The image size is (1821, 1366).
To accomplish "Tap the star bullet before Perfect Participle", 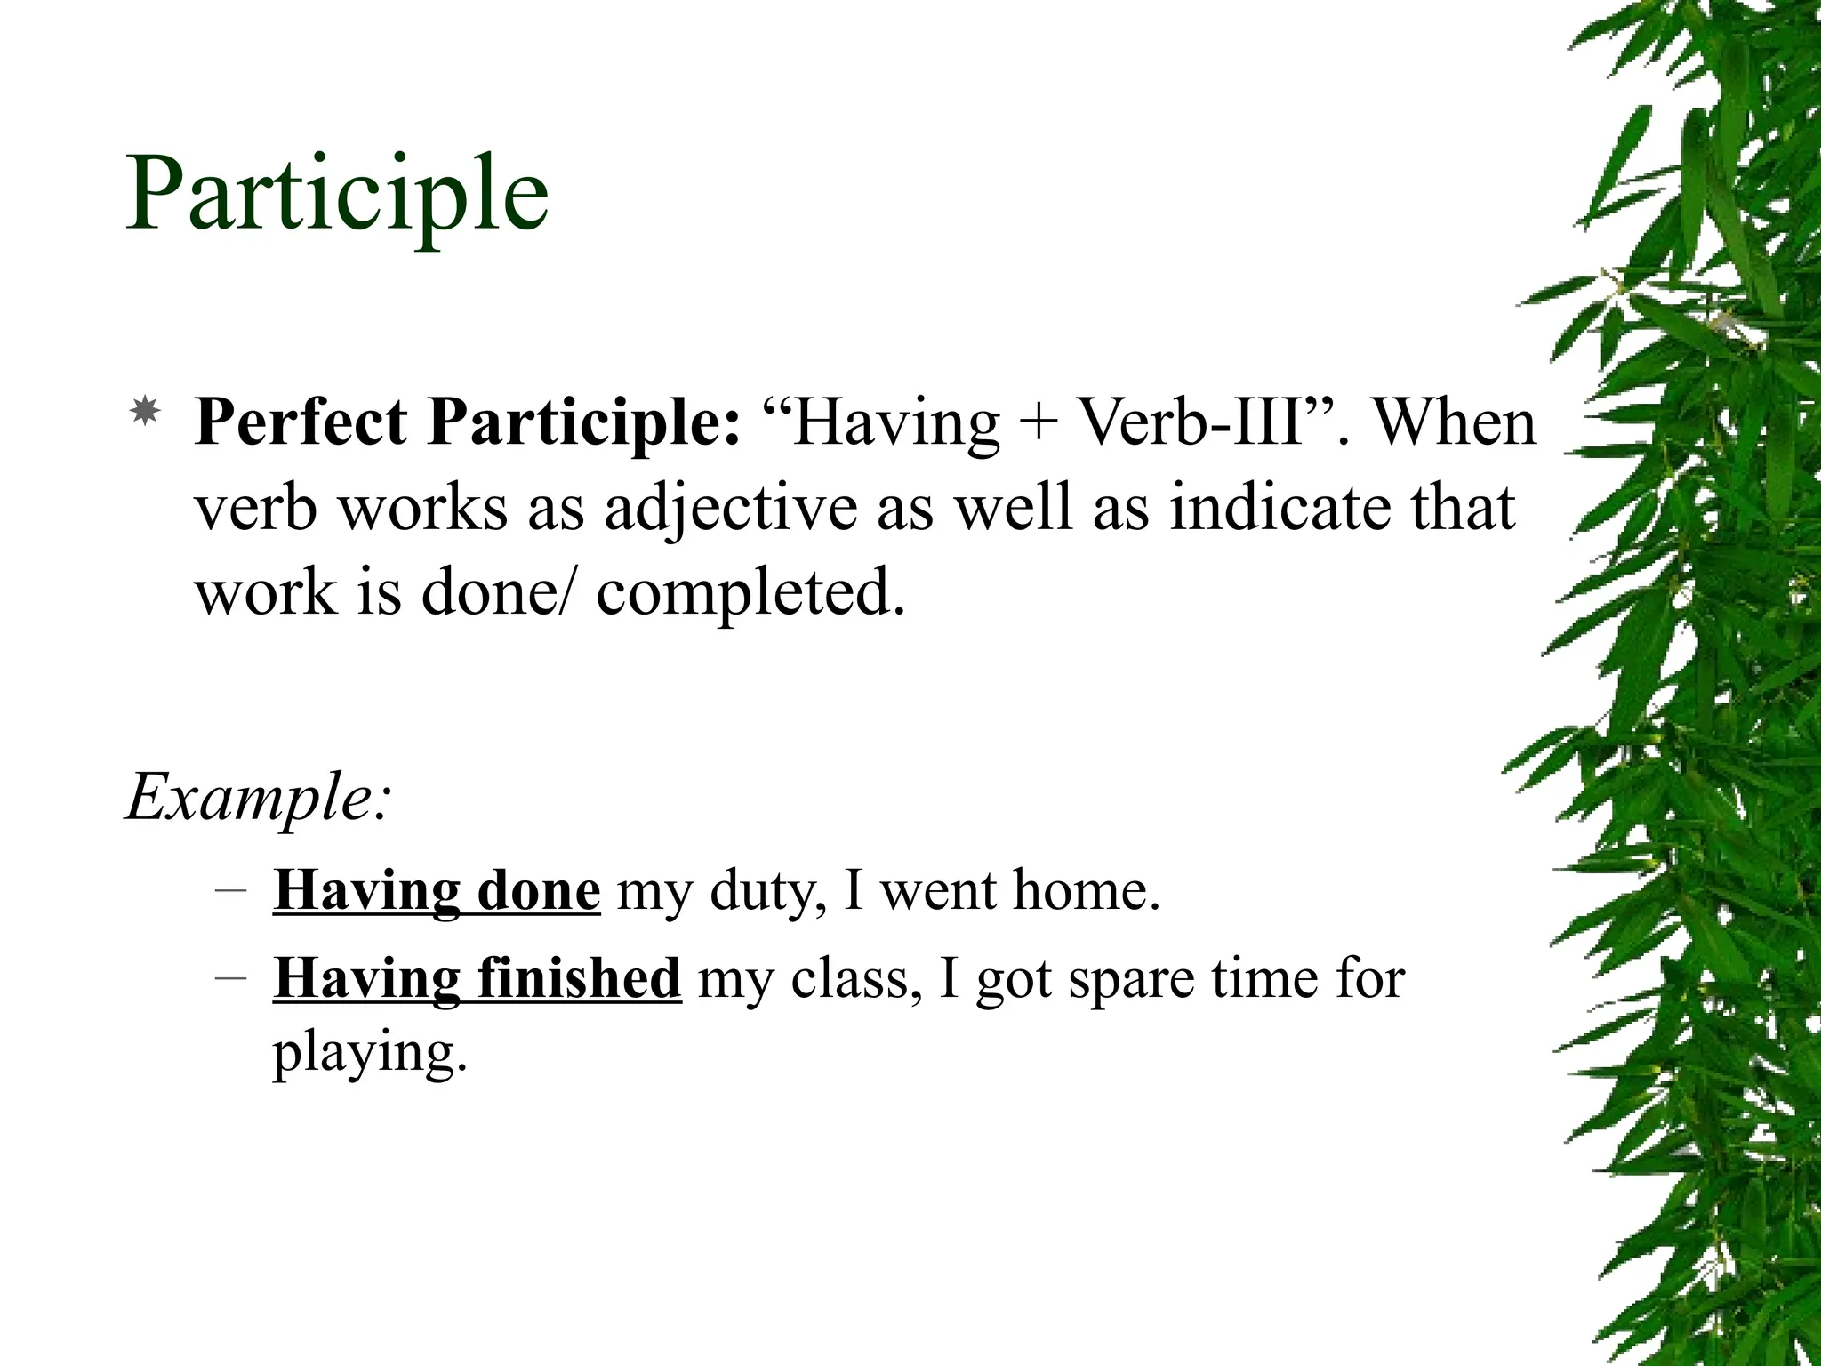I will coord(145,411).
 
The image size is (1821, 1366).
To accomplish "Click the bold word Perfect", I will coord(301,422).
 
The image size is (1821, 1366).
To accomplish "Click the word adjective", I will coord(731,509).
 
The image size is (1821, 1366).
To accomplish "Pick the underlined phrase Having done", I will coord(436,890).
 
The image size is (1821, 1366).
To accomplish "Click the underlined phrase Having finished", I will coord(477,978).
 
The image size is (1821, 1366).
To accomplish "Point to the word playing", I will coord(368,1053).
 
